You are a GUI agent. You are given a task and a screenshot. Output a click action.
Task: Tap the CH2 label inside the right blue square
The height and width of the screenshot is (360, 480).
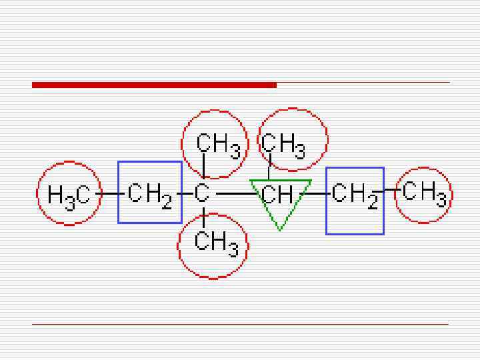tap(355, 194)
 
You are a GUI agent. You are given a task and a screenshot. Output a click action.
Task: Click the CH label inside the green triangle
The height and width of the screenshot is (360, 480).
tap(277, 194)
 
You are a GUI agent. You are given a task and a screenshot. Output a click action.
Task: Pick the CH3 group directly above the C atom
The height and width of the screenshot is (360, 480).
tap(217, 144)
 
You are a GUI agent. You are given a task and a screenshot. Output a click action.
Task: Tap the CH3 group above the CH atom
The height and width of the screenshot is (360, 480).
tap(283, 144)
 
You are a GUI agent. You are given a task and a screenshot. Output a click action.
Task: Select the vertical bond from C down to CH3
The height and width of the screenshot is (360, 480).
tap(203, 217)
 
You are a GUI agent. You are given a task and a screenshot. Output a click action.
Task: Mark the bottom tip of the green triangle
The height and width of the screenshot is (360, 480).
tap(280, 229)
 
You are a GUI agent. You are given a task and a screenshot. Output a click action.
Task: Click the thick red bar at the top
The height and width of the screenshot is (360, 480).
tap(154, 85)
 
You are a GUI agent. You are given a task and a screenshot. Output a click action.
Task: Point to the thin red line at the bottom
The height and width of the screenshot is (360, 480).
tap(240, 324)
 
